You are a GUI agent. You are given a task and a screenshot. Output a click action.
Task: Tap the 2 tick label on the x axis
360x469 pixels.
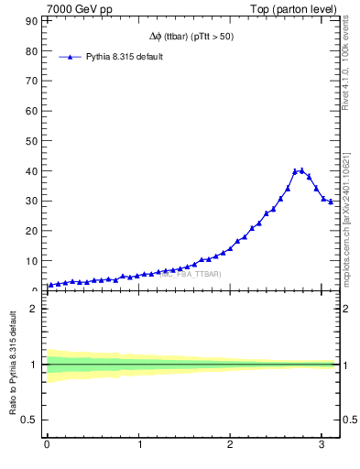click(x=229, y=446)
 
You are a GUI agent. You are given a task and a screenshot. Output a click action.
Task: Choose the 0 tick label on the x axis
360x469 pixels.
click(x=47, y=446)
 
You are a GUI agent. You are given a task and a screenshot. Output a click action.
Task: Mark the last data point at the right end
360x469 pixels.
click(x=331, y=202)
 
